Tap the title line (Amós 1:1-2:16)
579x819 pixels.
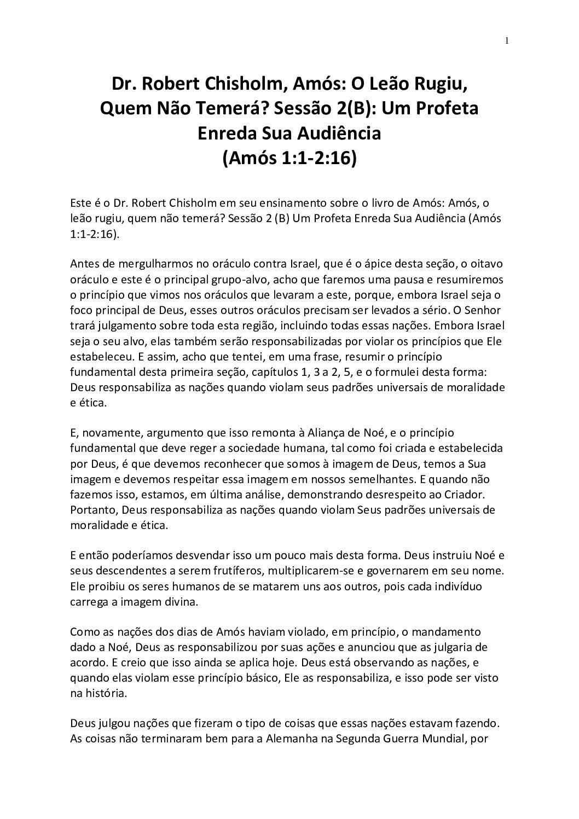coord(289,158)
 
